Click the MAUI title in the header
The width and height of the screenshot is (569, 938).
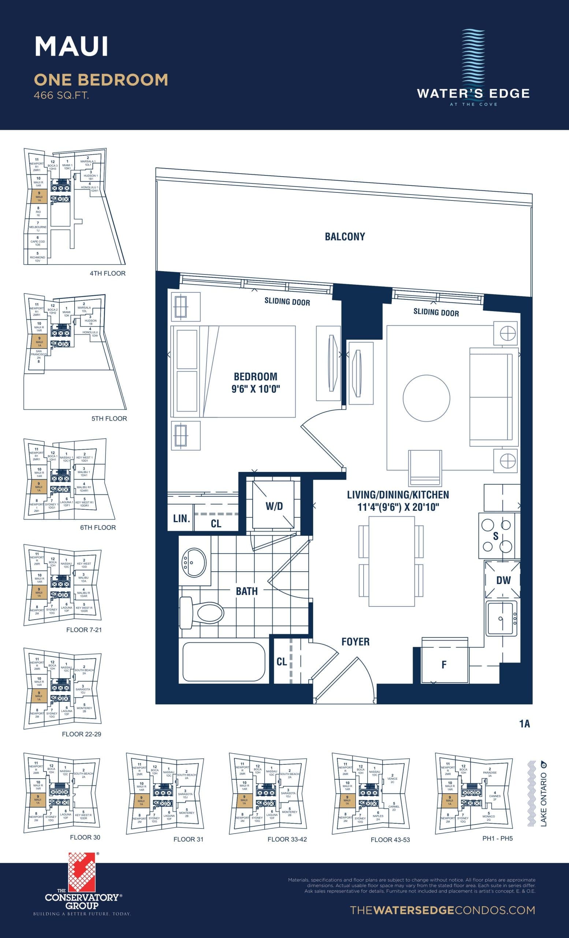(x=71, y=47)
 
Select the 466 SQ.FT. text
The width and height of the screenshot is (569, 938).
(x=61, y=96)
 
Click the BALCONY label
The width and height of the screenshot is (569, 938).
(x=345, y=237)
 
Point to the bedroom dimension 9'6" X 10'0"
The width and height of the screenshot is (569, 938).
(x=256, y=389)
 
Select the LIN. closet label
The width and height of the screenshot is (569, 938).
(x=181, y=518)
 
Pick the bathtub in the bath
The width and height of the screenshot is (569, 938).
(x=224, y=662)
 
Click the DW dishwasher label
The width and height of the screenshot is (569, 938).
(x=503, y=580)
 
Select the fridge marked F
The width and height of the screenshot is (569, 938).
(x=444, y=665)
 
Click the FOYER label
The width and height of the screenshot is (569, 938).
(x=355, y=642)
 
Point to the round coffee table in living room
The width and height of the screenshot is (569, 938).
(x=426, y=398)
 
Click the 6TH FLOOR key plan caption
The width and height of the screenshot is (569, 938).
(x=98, y=527)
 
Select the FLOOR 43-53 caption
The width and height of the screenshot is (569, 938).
(x=390, y=840)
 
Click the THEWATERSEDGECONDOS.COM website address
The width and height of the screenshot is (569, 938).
(x=442, y=910)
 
